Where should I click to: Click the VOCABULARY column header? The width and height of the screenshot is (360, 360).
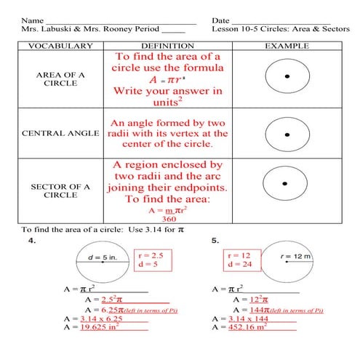pyautogui.click(x=60, y=47)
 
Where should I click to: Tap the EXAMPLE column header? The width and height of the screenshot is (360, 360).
pyautogui.click(x=286, y=47)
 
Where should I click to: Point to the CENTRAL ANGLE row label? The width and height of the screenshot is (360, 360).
pyautogui.click(x=60, y=134)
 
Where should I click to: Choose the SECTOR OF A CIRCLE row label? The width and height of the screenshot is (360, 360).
pyautogui.click(x=60, y=191)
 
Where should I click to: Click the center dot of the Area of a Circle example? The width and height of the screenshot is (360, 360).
pyautogui.click(x=286, y=76)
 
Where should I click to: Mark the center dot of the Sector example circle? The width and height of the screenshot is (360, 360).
pyautogui.click(x=286, y=183)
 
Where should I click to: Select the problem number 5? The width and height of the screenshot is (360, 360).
pyautogui.click(x=215, y=240)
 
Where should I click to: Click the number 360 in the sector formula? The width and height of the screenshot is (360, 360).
pyautogui.click(x=169, y=218)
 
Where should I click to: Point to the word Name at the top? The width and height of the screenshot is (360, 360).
pyautogui.click(x=31, y=20)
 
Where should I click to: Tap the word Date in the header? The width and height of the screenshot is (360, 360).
pyautogui.click(x=221, y=20)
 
